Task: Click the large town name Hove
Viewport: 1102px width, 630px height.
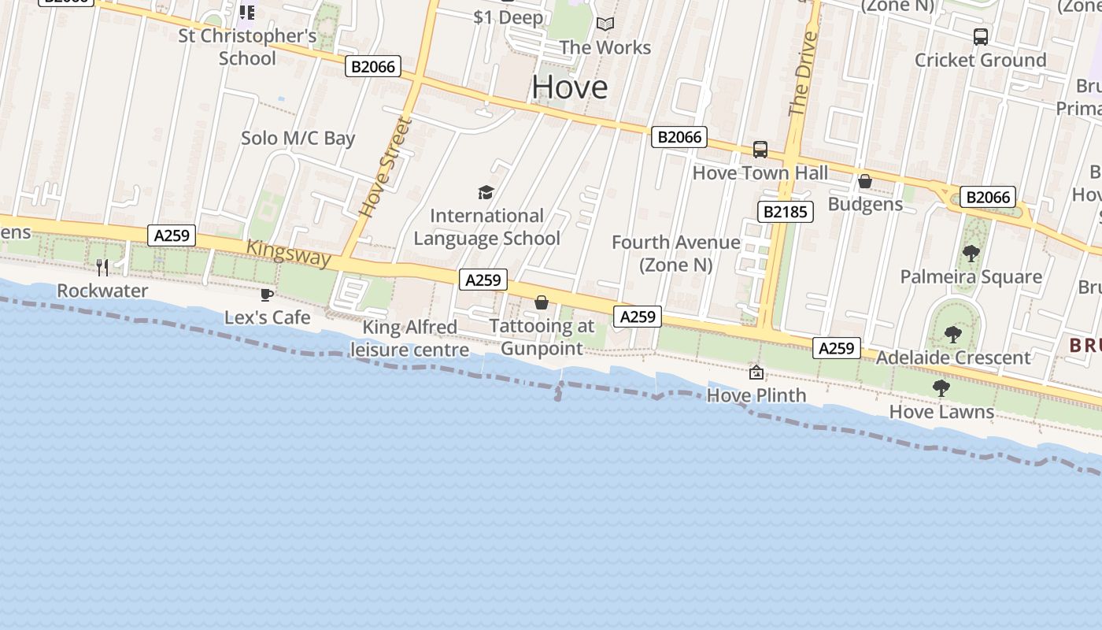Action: (x=569, y=87)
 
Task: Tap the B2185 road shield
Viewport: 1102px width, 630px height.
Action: (x=784, y=211)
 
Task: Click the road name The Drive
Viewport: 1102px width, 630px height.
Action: (x=802, y=73)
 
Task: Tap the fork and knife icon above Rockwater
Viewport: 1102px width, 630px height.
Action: (x=102, y=267)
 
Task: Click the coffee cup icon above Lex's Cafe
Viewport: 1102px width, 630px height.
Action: (x=267, y=295)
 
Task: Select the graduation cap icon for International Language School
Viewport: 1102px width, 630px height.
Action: (x=486, y=192)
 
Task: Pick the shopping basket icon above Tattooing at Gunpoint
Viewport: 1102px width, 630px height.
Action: (x=542, y=302)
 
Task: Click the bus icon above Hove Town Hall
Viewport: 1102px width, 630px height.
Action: (x=760, y=149)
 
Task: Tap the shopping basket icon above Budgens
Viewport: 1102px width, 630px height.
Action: (x=865, y=181)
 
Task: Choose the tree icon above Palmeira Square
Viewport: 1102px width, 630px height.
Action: (x=971, y=253)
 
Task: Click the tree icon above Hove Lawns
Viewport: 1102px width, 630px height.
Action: (x=941, y=387)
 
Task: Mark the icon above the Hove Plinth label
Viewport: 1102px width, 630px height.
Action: (x=756, y=372)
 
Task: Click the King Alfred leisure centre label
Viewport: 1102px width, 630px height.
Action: (x=409, y=339)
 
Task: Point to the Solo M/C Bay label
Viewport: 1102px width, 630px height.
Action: (x=298, y=139)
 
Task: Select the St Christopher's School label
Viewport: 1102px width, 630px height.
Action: (x=247, y=47)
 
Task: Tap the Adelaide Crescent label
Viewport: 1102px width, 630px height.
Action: (x=952, y=358)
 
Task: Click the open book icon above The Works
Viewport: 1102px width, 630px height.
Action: (x=605, y=24)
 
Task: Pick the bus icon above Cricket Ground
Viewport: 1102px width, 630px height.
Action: (x=981, y=36)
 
